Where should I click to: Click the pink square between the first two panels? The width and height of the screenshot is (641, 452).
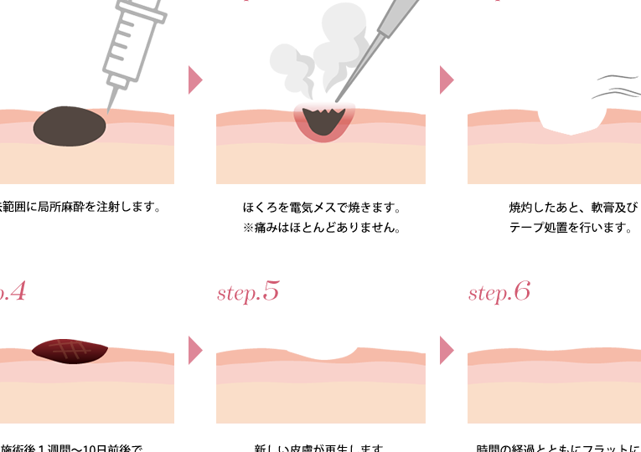[x=195, y=80]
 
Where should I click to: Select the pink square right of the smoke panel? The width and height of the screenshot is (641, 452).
[x=447, y=80]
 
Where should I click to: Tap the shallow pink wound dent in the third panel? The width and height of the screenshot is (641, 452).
[x=571, y=124]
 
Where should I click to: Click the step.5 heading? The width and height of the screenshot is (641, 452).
[x=248, y=292]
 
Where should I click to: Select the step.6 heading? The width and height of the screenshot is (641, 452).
[x=499, y=292]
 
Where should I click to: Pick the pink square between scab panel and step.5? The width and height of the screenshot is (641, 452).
[x=195, y=350]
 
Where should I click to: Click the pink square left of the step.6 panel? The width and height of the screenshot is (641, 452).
[x=447, y=350]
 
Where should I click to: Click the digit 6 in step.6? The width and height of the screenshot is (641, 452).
[x=521, y=291]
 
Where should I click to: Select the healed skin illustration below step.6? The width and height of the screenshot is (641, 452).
[x=554, y=385]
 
